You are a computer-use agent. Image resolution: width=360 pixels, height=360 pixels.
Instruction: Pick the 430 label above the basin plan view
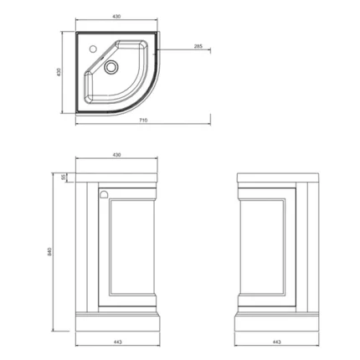(118, 15)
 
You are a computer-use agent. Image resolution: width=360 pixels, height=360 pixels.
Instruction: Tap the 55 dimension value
(63, 176)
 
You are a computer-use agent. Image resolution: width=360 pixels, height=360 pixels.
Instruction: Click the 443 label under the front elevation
(118, 342)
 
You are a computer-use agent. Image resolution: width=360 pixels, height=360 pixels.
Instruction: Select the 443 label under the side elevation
(275, 342)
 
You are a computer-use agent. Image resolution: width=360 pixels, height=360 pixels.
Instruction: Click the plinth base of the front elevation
(118, 321)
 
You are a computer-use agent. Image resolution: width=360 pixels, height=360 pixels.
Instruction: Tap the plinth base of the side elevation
(275, 321)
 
